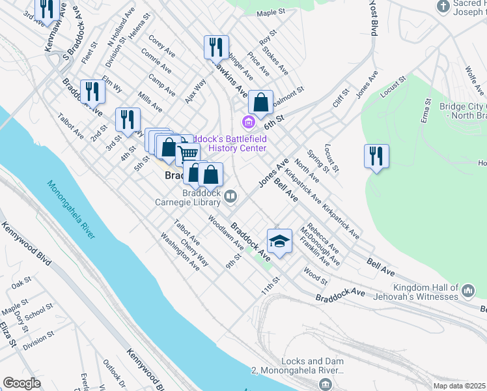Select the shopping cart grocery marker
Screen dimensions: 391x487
click(x=188, y=153)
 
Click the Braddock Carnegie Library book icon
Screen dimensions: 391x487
click(x=230, y=195)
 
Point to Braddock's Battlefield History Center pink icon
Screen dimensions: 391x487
click(x=247, y=122)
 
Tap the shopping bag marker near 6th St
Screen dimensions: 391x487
click(x=260, y=102)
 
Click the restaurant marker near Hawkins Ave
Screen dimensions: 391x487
click(x=216, y=47)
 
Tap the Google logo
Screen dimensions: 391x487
click(x=21, y=383)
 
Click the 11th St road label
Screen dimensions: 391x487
click(x=270, y=284)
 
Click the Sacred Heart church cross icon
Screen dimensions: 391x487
click(x=443, y=7)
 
